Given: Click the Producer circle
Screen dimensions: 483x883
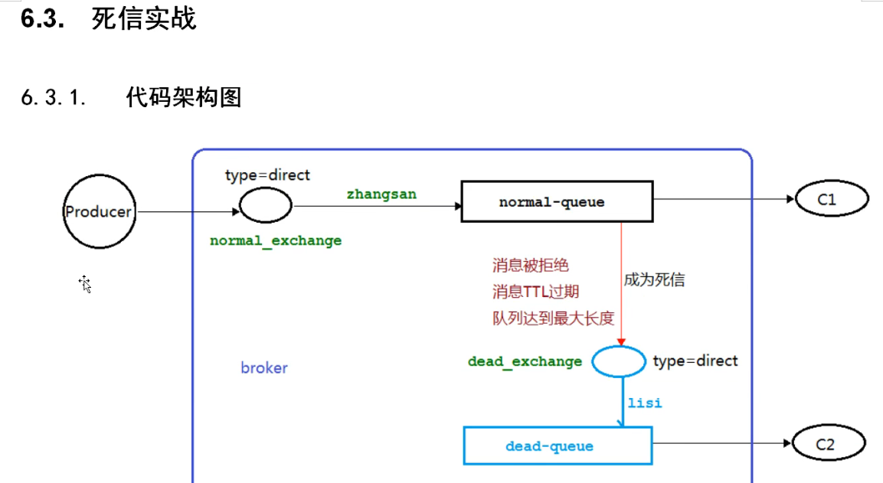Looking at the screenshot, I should coord(98,212).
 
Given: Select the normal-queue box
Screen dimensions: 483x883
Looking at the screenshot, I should coord(557,202).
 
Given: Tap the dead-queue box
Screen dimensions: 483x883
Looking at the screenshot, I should coord(558,446).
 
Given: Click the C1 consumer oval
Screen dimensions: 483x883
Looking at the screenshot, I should coord(832,200).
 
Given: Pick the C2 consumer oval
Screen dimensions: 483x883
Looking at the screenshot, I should coord(829,444).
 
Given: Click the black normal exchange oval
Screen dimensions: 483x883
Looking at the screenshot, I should coord(266,205).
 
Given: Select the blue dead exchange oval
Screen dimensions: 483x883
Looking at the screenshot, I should coord(619,361).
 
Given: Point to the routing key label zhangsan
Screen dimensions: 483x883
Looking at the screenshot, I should coord(381,194).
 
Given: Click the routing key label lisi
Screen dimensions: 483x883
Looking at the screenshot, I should coord(645,403).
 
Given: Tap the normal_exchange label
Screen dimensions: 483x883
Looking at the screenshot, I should coord(276,240).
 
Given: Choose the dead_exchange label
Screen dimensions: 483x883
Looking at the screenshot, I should coord(525,361).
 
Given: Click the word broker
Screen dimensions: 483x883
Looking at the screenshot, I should coord(264,368).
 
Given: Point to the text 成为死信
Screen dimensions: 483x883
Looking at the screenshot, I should coord(654,280).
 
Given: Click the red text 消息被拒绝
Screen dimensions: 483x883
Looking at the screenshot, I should coord(531,266).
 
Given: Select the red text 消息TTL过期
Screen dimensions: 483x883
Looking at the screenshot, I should coord(535,292).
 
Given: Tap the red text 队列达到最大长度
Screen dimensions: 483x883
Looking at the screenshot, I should coord(553,318).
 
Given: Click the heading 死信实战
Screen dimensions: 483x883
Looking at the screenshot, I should coord(144,18).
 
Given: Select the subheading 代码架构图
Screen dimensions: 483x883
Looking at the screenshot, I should coord(184,97).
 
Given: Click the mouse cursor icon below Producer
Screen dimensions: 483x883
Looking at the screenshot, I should coord(85,284).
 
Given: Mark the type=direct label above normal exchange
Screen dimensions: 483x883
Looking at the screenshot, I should coord(267,175).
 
